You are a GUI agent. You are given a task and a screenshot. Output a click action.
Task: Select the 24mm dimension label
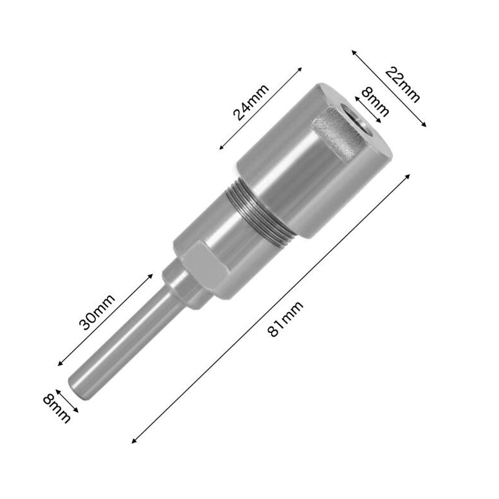click(251, 103)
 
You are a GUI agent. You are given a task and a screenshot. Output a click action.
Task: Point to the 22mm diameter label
click(402, 85)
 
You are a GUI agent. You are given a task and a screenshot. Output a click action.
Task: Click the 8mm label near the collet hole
click(375, 103)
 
